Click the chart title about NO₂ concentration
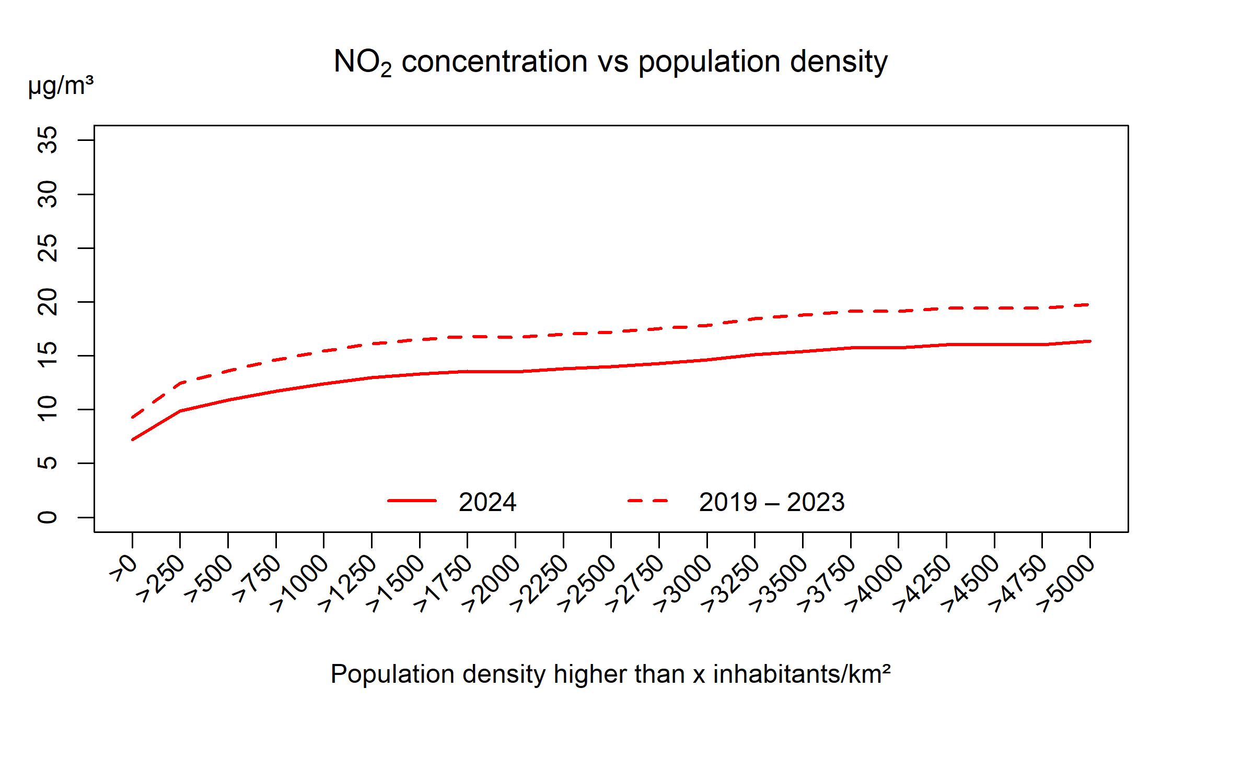point(610,62)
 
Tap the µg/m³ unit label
point(61,86)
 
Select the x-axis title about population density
point(610,674)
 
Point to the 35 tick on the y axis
point(48,140)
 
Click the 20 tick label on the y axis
point(48,302)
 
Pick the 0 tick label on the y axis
point(48,517)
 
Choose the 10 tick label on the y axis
point(48,409)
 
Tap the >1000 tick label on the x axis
point(299,582)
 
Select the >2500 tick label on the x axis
point(587,582)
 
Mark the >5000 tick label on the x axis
point(1066,582)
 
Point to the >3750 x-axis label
point(827,582)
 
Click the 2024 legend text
point(487,502)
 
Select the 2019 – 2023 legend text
point(772,502)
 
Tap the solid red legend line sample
point(412,501)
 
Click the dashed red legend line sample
point(648,501)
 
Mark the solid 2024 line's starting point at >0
point(133,440)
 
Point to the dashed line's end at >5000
point(1089,304)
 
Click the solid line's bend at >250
point(180,411)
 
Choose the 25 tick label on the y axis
point(48,248)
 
